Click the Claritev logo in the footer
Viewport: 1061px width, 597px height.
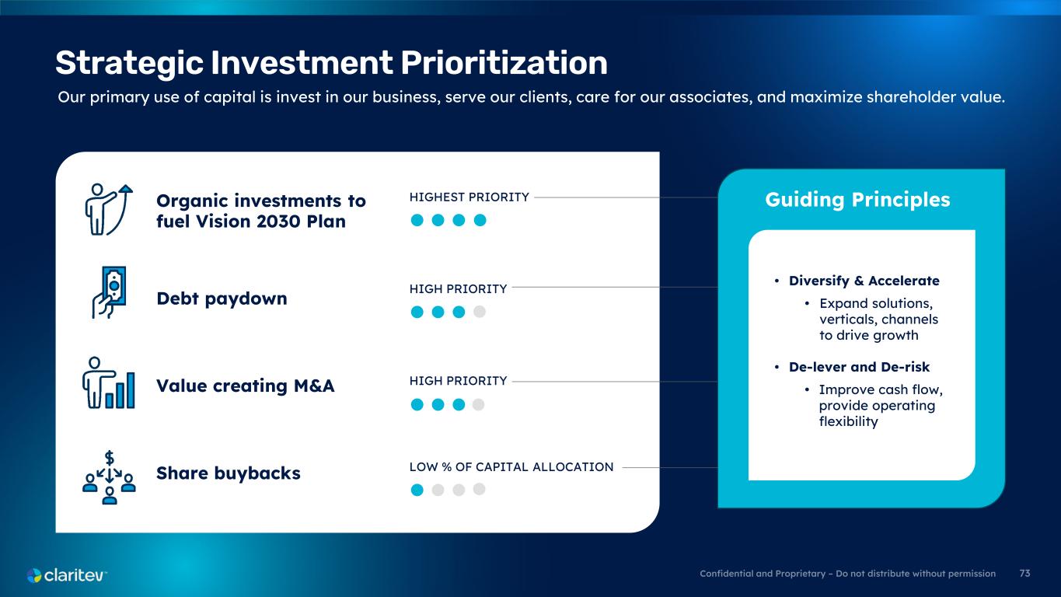point(67,575)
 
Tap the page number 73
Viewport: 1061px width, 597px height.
point(1024,574)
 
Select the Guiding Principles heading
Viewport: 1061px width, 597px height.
point(857,200)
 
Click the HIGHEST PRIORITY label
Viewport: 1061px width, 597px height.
point(469,197)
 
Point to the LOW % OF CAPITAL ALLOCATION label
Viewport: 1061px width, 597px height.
point(511,467)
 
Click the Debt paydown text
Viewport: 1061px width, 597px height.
point(222,299)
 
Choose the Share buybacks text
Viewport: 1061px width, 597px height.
point(229,473)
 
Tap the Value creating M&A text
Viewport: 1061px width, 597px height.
point(246,386)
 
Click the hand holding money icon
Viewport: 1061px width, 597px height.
point(109,292)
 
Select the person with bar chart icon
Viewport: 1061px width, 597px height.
point(109,382)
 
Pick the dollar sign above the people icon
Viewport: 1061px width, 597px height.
point(110,458)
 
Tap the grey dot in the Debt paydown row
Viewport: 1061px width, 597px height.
point(480,311)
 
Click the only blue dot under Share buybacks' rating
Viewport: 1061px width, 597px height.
point(417,490)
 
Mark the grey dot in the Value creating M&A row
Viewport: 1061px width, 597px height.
point(478,404)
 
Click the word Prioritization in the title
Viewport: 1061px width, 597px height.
point(504,63)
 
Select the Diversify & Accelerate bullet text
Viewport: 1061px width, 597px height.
point(864,281)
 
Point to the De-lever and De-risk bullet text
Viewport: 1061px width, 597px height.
point(859,367)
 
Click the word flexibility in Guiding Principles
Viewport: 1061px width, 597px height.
point(848,421)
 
